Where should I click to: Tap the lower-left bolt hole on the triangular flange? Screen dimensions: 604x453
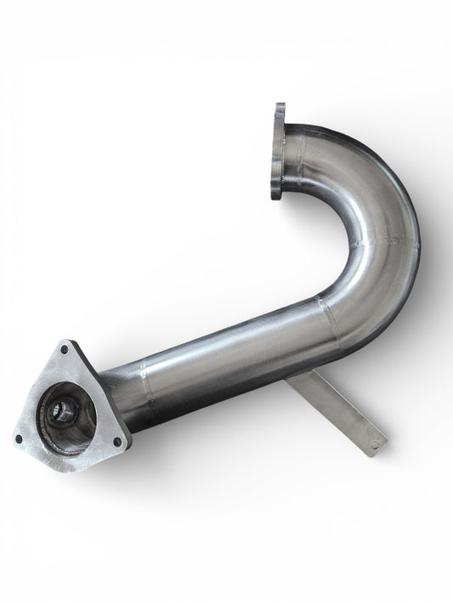click(x=19, y=437)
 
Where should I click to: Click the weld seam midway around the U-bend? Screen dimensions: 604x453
click(x=387, y=242)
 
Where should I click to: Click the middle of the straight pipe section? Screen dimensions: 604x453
click(x=229, y=357)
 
